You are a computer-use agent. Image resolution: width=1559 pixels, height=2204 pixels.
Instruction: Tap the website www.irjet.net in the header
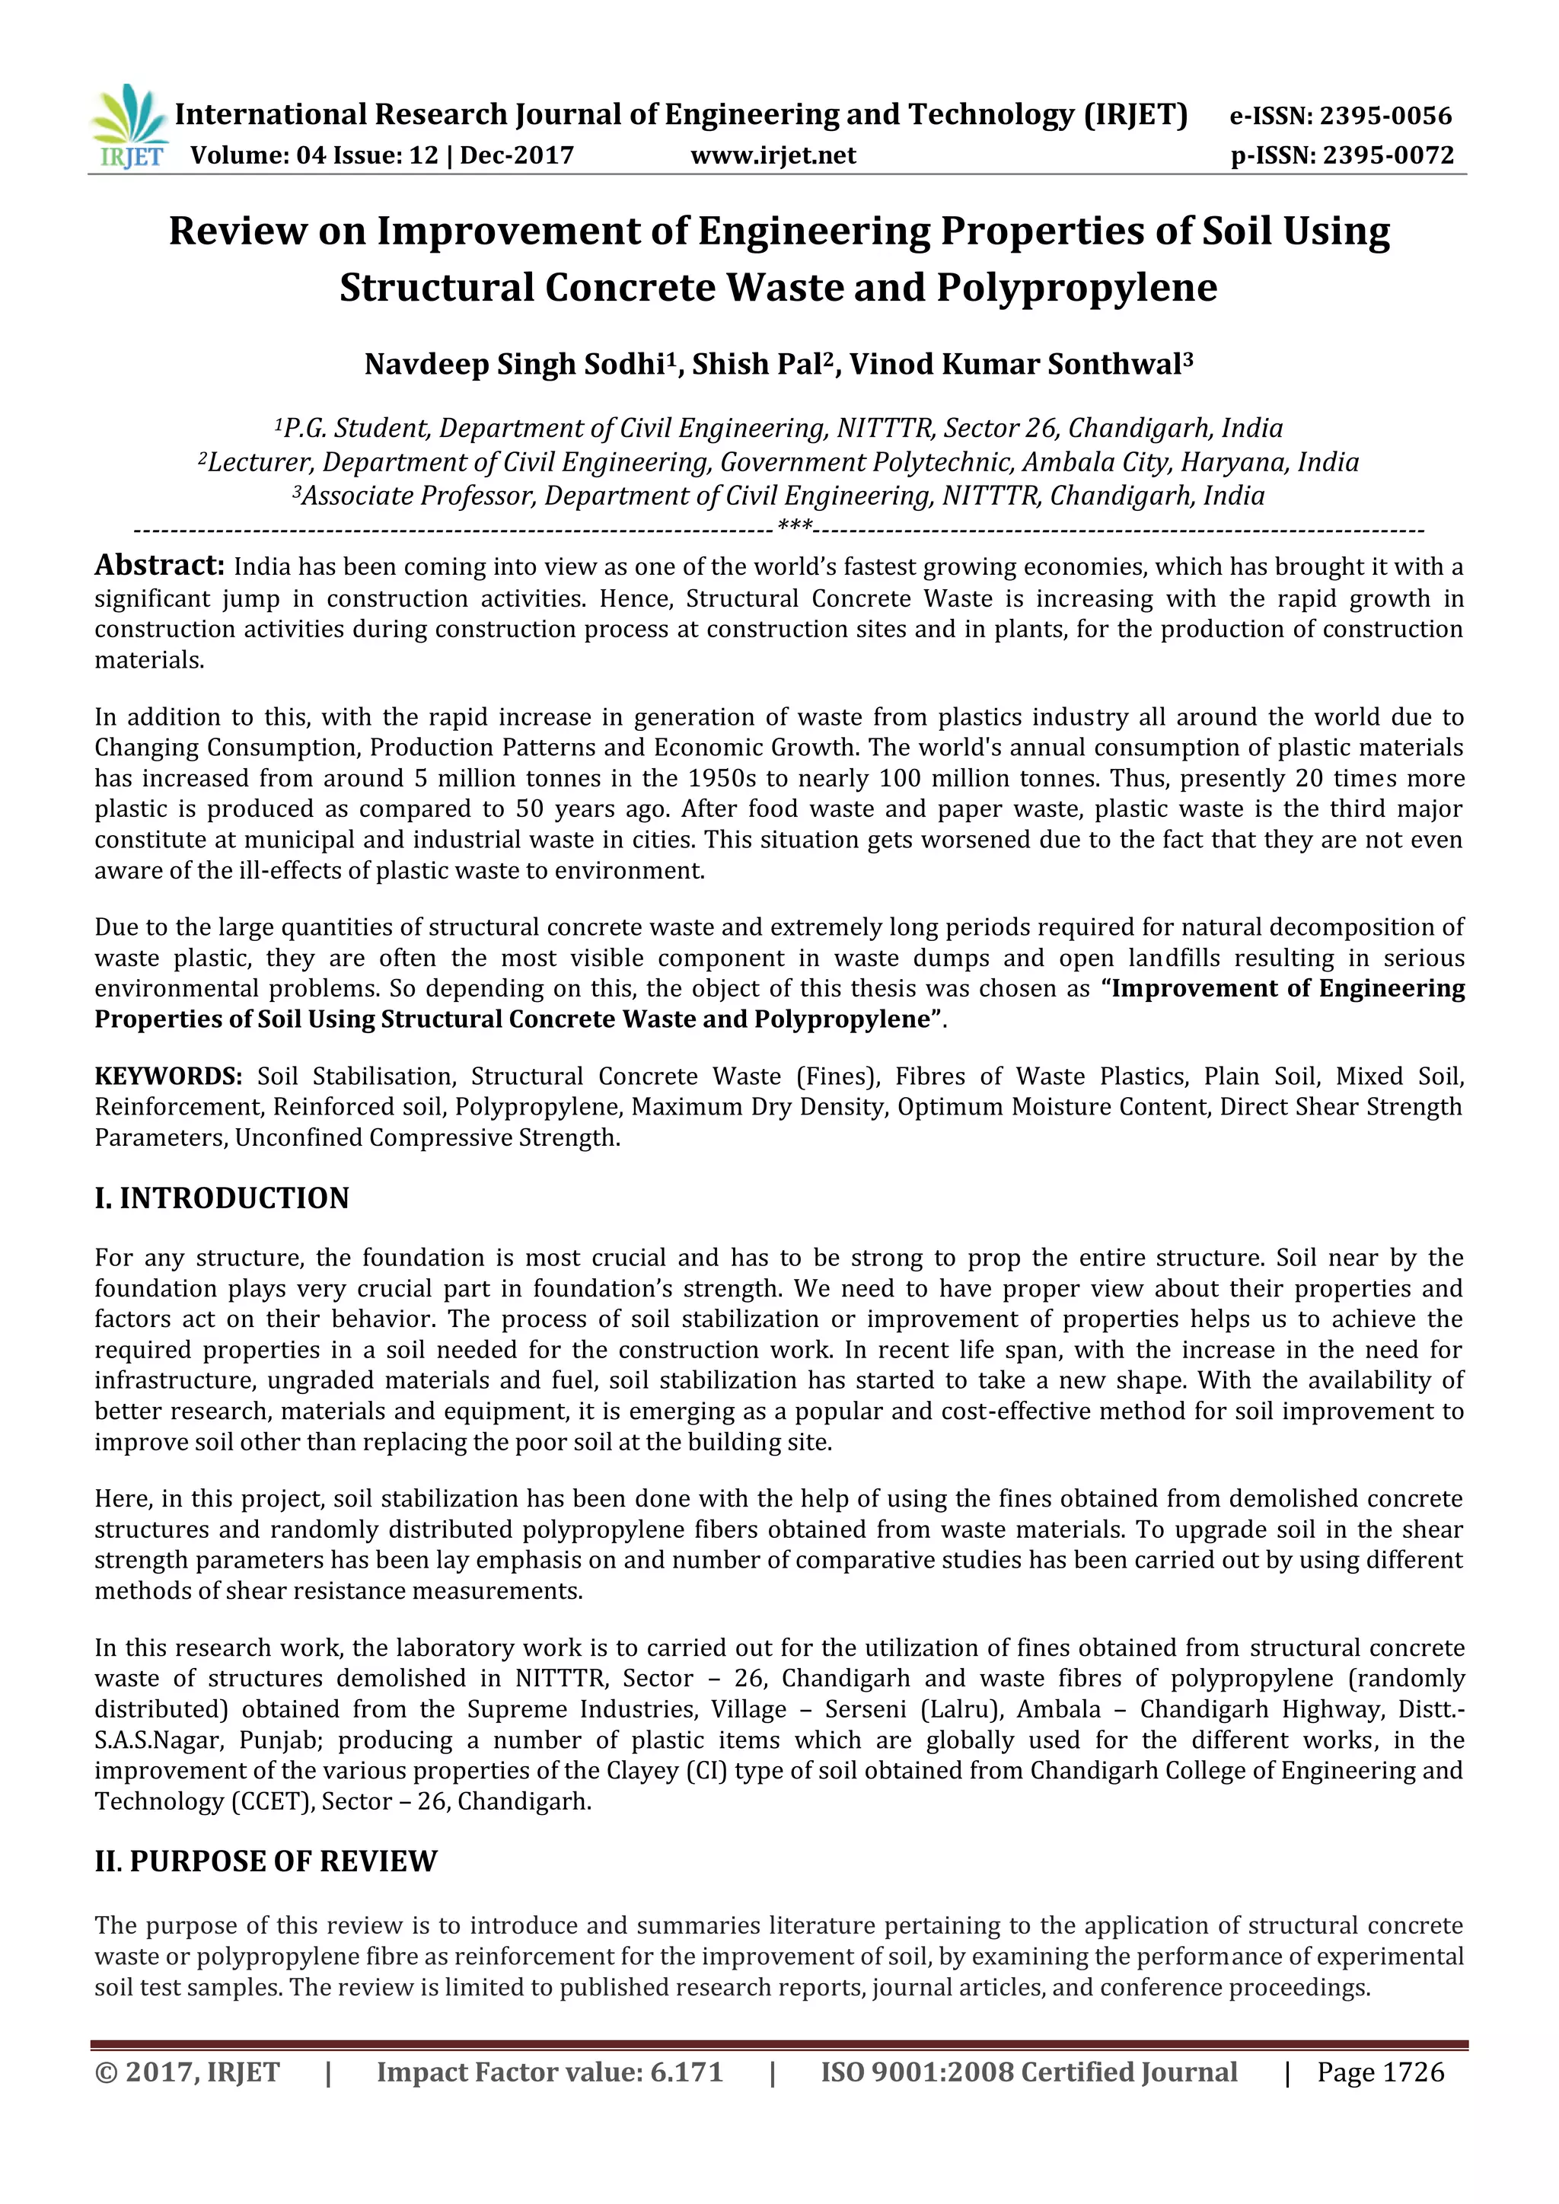tap(773, 155)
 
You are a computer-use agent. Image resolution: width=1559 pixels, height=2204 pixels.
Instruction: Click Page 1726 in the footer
tap(1379, 2100)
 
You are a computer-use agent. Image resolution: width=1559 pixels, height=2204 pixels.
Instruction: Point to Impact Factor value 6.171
tap(549, 2100)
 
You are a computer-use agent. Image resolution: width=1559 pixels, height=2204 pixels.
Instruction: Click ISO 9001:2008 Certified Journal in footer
tap(1028, 2100)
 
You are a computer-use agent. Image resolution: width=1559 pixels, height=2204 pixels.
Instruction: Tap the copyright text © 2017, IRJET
tap(187, 2100)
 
